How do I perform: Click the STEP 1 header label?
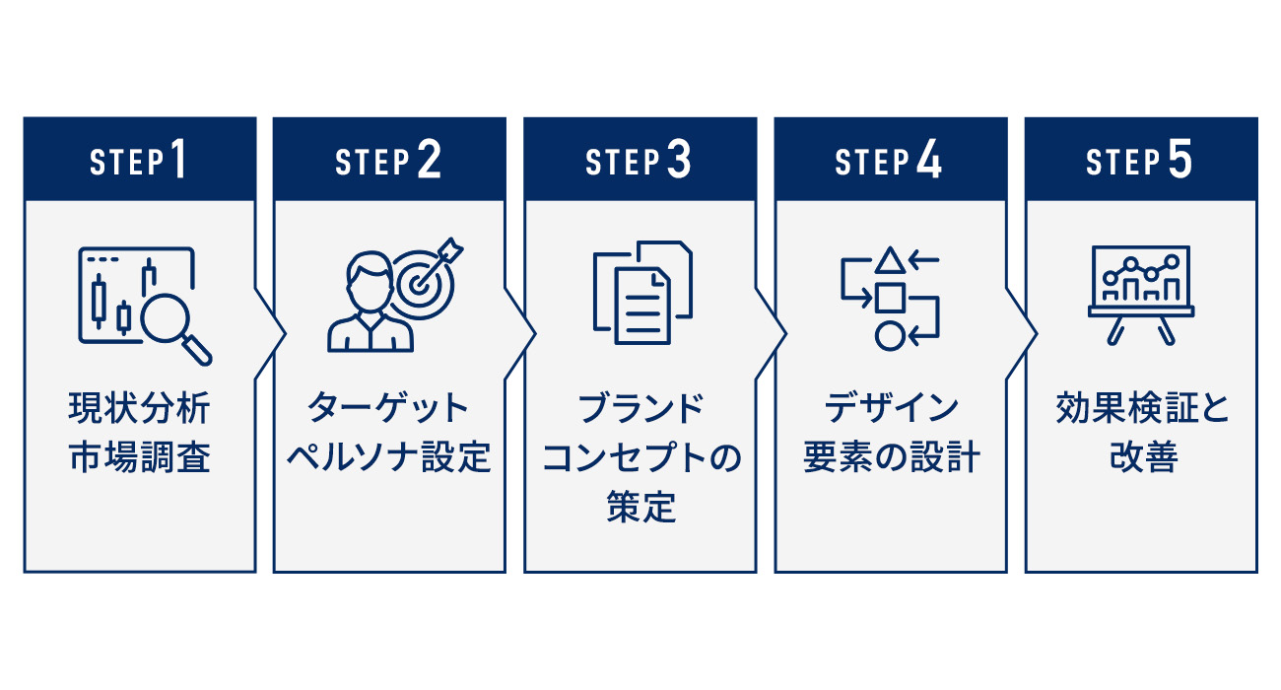click(138, 161)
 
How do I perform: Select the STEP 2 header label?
click(388, 161)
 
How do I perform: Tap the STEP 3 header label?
click(639, 161)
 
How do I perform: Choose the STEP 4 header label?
click(889, 161)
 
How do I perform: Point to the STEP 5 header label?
click(1139, 161)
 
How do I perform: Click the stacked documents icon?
click(641, 293)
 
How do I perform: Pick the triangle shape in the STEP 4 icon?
click(890, 260)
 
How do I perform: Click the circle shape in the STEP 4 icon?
click(889, 336)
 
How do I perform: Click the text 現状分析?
click(139, 408)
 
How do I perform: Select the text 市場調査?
click(139, 458)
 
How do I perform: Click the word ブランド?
click(640, 408)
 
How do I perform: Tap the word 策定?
click(640, 509)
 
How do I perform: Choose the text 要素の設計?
click(891, 458)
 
